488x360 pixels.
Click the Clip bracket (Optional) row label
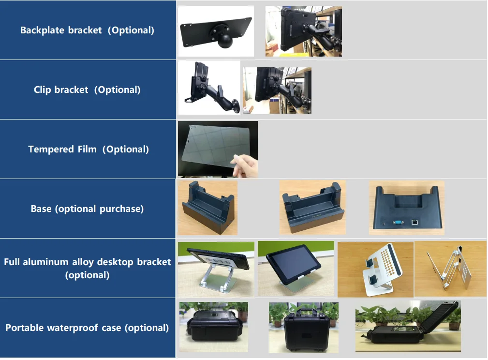tap(87, 90)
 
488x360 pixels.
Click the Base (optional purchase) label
tap(87, 209)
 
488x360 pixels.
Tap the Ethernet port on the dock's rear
tap(415, 222)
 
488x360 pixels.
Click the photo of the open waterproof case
tap(407, 326)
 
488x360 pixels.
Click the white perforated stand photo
tap(375, 269)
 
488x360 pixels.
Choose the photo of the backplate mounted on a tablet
tap(303, 31)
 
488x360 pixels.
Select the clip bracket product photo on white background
tap(208, 87)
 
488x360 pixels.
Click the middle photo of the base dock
tap(312, 208)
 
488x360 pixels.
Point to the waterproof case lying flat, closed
tap(213, 327)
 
